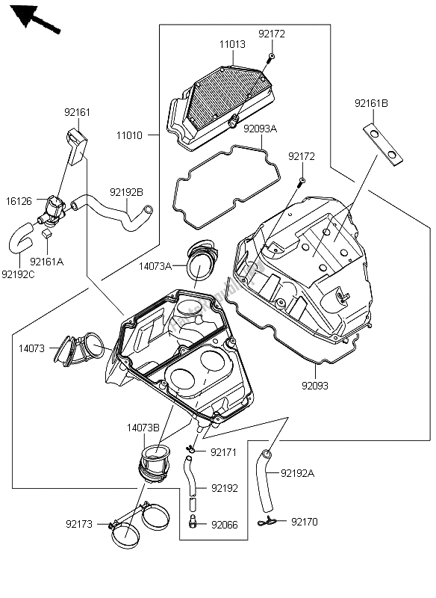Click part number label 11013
[232, 44]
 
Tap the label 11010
[129, 135]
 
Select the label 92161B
[371, 103]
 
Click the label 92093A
[261, 129]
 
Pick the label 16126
[19, 201]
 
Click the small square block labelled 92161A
[46, 233]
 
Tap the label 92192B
[126, 193]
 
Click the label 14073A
[155, 266]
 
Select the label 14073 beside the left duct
[31, 348]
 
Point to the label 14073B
[143, 428]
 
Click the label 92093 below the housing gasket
[315, 386]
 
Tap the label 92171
[223, 453]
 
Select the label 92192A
[297, 473]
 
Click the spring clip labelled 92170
[267, 521]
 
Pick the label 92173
[79, 525]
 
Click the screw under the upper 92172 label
[271, 57]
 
